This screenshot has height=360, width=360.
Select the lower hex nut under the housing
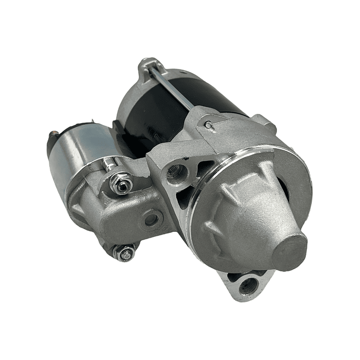point(125,253)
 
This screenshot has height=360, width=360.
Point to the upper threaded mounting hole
point(176,173)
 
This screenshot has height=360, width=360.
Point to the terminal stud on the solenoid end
point(51,136)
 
